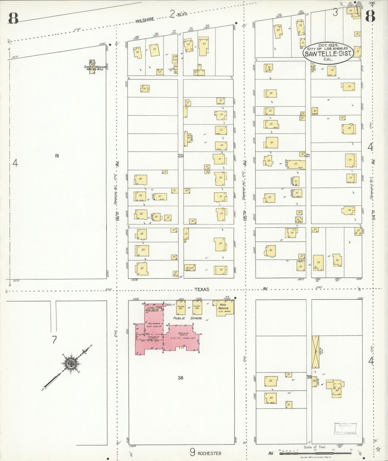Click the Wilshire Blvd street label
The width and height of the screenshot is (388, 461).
(145, 20)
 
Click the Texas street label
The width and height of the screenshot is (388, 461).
(202, 289)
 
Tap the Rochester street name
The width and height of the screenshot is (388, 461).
(209, 453)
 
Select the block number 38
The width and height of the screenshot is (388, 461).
(180, 378)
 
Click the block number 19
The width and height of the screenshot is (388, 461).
(57, 155)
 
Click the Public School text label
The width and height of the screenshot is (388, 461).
(187, 318)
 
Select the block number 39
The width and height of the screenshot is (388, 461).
(309, 377)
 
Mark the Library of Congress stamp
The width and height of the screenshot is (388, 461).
(345, 429)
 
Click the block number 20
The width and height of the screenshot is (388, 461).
(180, 155)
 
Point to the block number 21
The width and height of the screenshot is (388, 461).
(308, 155)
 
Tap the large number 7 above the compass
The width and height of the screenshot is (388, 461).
(54, 340)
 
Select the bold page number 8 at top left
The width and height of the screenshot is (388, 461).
(13, 18)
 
